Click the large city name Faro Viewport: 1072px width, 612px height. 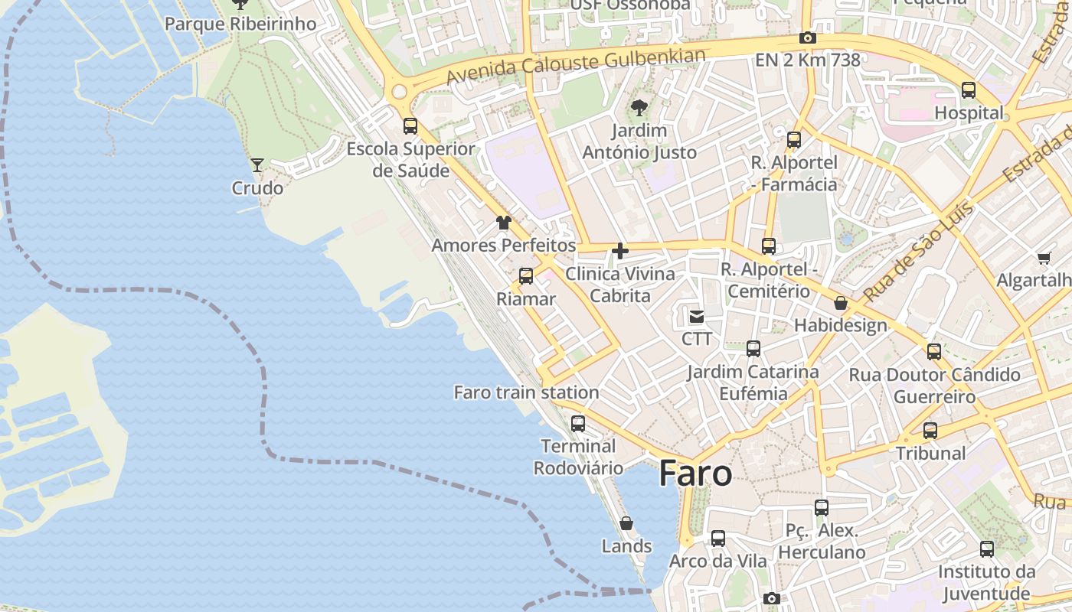695,474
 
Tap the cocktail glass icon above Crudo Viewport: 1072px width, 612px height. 257,164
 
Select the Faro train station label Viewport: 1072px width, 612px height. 526,392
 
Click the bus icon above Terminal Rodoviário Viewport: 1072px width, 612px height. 578,423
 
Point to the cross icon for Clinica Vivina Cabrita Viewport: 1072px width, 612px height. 620,251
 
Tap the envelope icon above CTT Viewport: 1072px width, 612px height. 697,316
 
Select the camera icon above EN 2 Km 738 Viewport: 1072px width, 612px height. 807,37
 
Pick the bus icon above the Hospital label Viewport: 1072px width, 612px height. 969,90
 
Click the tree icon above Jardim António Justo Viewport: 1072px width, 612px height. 639,108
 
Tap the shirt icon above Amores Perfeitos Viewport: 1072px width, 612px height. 503,223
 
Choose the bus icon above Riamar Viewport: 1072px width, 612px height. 525,276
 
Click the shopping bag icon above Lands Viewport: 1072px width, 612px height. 626,523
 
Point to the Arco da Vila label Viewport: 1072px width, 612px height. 717,561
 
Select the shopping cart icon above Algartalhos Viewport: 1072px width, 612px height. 1044,258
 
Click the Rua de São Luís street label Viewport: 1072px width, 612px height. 918,251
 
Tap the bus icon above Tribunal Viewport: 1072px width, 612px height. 930,431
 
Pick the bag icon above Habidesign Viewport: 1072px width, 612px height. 841,303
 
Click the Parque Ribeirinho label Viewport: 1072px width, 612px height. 240,24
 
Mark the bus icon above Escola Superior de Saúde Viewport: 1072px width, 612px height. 410,126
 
